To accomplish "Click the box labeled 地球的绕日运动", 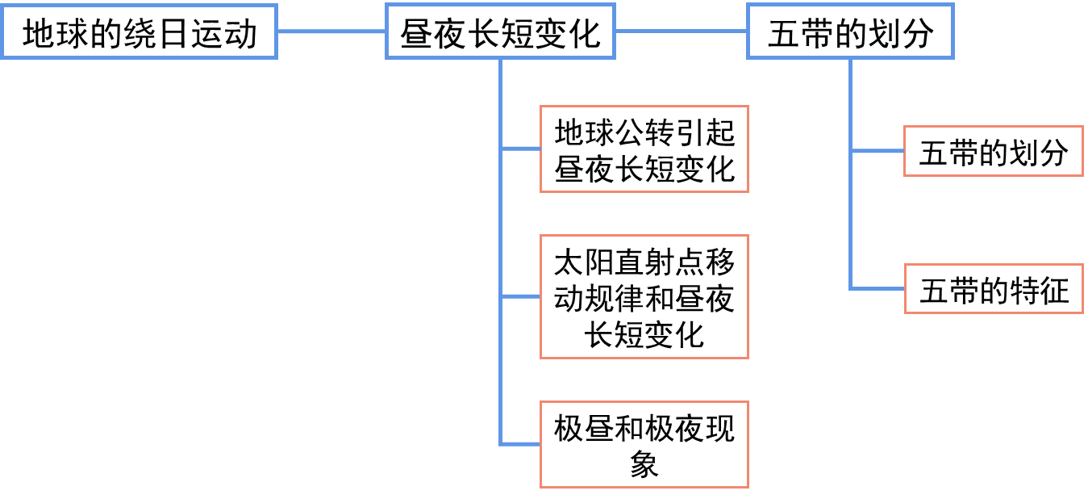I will (x=139, y=32).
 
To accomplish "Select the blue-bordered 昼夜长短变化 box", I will (x=500, y=32).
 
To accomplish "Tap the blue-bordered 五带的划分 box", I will (x=850, y=32).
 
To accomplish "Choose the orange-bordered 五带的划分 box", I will (x=994, y=152).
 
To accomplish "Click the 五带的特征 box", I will (x=994, y=289).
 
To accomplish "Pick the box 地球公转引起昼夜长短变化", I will (x=644, y=149).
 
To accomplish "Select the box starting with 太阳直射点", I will (x=644, y=297).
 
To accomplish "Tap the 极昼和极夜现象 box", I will (x=644, y=444).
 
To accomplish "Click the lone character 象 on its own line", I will (x=644, y=464).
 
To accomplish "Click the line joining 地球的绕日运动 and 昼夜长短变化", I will (x=331, y=32).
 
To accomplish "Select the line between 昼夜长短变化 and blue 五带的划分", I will (x=682, y=32).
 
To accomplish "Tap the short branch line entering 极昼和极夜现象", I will (x=520, y=444).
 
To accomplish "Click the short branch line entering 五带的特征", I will (x=877, y=289).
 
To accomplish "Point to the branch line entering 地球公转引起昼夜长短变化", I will (x=520, y=149).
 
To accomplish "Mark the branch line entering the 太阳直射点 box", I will (x=520, y=297).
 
